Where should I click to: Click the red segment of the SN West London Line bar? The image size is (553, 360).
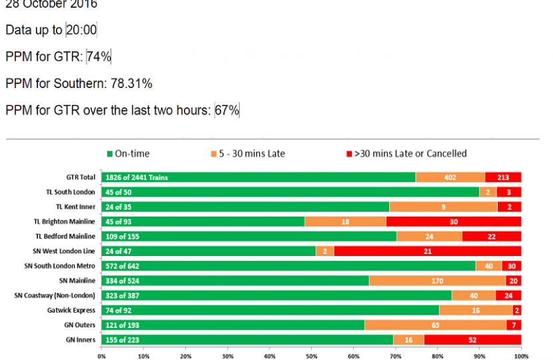[427, 251]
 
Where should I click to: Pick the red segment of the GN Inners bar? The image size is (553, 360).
[472, 339]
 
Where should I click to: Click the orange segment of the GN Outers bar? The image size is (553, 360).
[435, 325]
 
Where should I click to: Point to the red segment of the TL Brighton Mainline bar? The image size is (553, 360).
[453, 221]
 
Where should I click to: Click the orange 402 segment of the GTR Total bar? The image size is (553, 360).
[450, 177]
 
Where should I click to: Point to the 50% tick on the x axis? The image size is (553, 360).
[311, 355]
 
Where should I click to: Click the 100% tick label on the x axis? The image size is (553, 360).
[521, 355]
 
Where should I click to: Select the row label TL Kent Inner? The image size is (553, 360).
[75, 207]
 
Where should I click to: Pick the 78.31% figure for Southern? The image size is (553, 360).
[131, 84]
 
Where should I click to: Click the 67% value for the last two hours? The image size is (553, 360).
[227, 111]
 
